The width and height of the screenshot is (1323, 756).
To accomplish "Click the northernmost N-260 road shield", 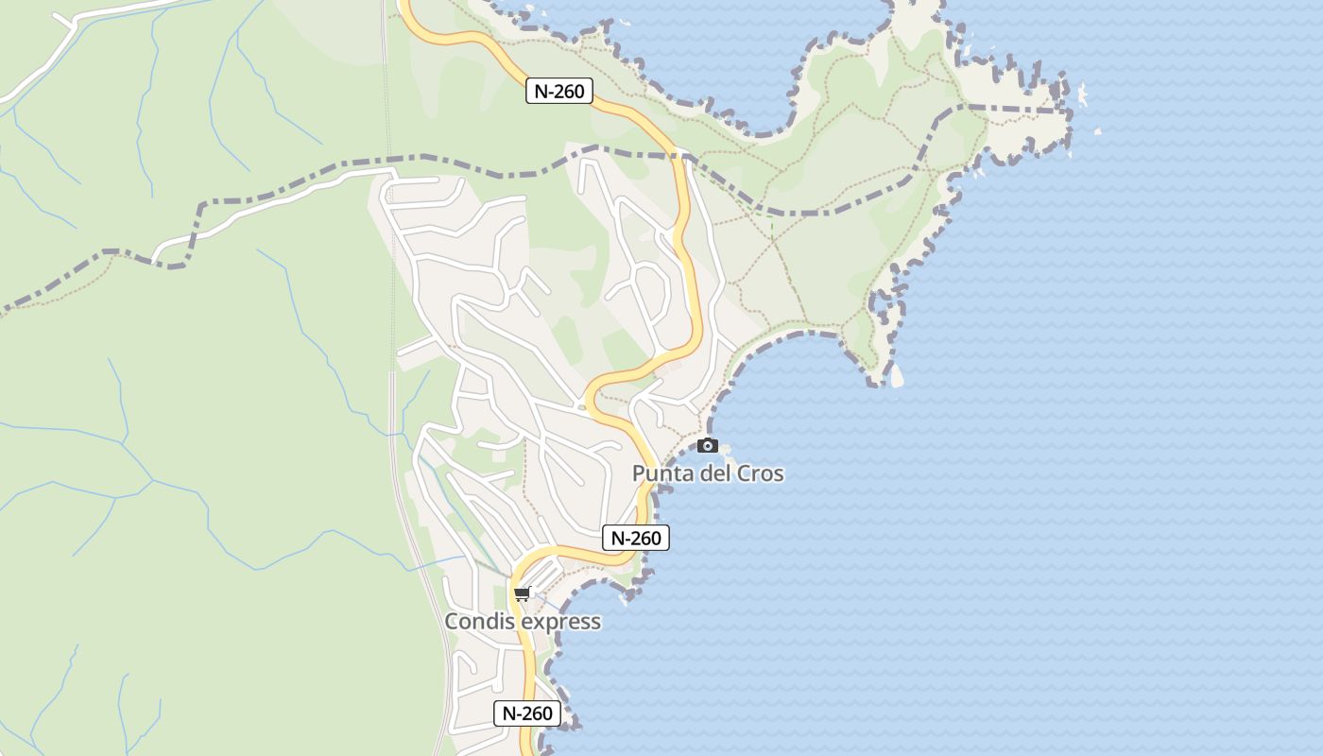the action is pos(558,91).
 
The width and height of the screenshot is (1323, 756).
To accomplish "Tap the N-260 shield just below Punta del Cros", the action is pos(636,538).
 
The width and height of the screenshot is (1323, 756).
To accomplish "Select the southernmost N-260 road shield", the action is pos(527,713).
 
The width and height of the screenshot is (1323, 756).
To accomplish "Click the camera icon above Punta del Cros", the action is pos(707,445).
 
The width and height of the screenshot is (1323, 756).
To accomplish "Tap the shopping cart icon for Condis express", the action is pos(523,593).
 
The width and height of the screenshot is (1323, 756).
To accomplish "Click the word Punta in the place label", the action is pos(663,473).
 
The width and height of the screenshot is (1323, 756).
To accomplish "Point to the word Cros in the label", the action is pos(760,473).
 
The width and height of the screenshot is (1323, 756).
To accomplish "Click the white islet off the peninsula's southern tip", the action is pos(897,377).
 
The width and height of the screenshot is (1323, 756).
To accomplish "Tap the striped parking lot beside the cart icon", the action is pos(541,573).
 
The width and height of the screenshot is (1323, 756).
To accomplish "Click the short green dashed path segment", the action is pos(772,227).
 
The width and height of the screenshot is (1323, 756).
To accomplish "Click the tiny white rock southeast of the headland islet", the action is pos(1097,131).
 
